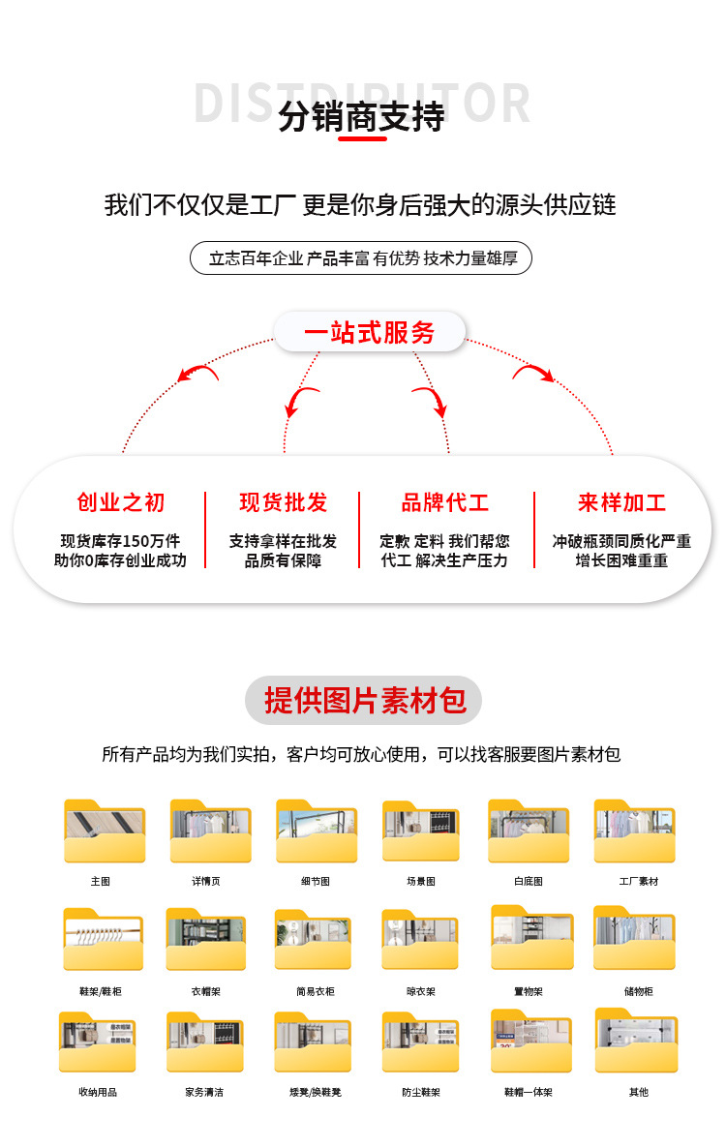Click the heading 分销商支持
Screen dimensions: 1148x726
(361, 117)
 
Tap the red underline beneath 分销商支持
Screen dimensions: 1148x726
(362, 139)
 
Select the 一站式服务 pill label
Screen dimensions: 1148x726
(370, 332)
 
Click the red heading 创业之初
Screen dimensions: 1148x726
(121, 502)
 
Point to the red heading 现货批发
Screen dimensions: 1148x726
(284, 502)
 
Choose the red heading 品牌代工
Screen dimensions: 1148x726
(445, 502)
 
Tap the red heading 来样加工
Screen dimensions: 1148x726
(621, 502)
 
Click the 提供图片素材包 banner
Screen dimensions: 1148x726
(363, 701)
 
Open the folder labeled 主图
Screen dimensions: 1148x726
(104, 832)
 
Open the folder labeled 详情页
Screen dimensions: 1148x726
(210, 832)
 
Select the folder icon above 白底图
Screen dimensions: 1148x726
(529, 832)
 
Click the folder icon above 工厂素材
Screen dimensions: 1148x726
(635, 832)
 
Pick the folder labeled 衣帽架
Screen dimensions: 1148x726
(205, 940)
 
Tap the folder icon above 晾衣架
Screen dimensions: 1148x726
(420, 940)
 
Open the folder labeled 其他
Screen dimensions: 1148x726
(637, 1042)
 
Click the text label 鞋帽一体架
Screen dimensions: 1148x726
(528, 1092)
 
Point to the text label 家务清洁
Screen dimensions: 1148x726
(204, 1092)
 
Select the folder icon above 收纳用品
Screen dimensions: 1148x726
(98, 1042)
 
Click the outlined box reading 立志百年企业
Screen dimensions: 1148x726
(361, 258)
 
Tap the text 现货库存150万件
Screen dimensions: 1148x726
(120, 541)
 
